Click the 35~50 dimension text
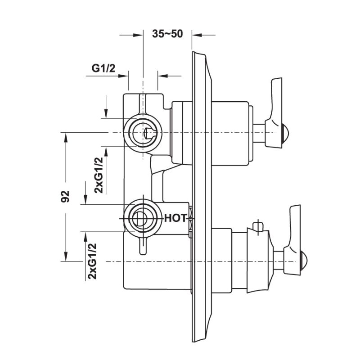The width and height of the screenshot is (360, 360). pos(167,35)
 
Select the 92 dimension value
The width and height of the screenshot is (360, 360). pos(66,196)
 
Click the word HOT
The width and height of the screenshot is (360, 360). pos(175,218)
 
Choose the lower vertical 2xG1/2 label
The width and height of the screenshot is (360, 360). pos(93,261)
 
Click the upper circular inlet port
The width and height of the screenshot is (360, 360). pos(142,133)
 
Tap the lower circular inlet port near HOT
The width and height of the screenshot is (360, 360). pos(141,219)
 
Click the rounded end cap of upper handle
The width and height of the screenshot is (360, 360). pos(284,133)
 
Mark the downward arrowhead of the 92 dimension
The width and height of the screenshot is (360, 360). pos(66,257)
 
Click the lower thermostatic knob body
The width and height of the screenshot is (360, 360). pos(252,261)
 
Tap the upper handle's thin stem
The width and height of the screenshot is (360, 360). pos(259,133)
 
